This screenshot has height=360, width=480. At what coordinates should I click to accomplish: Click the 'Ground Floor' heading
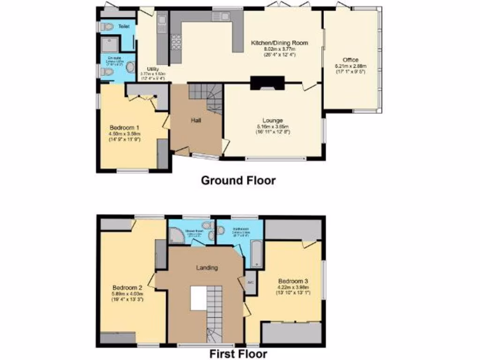(238, 180)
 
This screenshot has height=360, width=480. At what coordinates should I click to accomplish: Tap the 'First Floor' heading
(238, 353)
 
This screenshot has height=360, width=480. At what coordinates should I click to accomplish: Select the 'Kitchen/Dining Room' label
(279, 43)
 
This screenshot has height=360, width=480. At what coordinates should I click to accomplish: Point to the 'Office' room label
(350, 60)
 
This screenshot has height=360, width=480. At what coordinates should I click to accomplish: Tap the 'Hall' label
(196, 120)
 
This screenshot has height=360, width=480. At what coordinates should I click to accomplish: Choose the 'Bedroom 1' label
(125, 127)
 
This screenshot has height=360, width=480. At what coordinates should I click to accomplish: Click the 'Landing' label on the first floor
(206, 268)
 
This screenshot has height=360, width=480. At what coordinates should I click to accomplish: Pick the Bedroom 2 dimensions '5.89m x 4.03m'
(127, 294)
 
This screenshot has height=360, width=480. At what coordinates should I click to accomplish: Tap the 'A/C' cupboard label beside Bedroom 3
(251, 283)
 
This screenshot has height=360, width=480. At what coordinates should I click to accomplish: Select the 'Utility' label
(152, 69)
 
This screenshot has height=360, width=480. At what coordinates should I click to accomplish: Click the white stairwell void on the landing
(198, 297)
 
